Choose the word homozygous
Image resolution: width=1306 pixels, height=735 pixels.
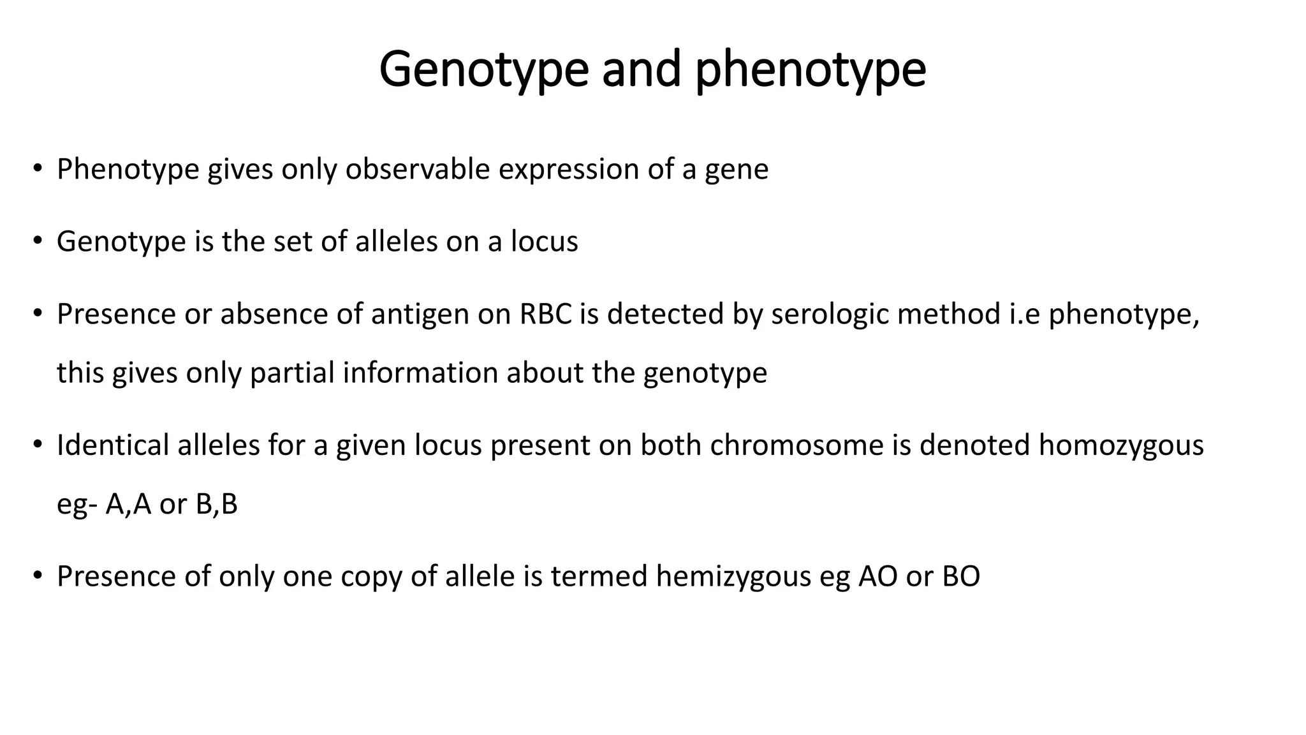click(1121, 445)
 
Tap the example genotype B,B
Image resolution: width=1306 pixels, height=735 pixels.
click(217, 504)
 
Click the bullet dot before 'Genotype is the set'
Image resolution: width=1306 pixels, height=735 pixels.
click(38, 241)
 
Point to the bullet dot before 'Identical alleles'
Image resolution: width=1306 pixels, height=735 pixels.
click(38, 444)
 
